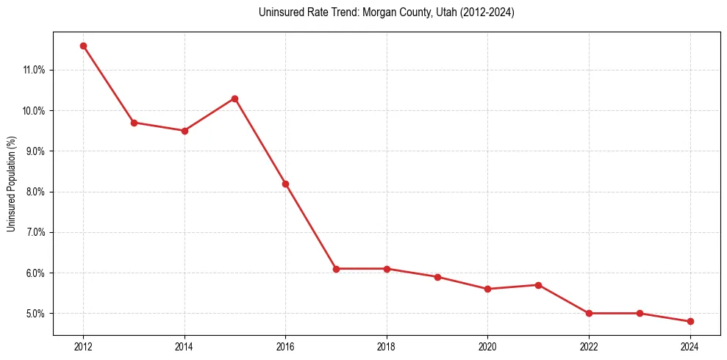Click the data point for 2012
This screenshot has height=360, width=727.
(x=83, y=46)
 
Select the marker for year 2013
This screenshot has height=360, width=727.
(x=134, y=123)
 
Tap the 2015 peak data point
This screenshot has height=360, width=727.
(x=234, y=98)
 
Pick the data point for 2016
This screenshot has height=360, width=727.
(x=285, y=184)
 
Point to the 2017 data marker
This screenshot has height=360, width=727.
(x=336, y=269)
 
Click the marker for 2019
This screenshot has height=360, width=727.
(x=437, y=277)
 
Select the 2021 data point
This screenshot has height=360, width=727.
(x=538, y=285)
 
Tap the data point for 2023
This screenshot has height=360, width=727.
(x=640, y=313)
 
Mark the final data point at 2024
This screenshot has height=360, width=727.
(x=690, y=321)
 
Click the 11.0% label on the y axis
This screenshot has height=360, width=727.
(x=34, y=71)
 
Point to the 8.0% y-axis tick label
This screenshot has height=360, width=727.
(x=35, y=192)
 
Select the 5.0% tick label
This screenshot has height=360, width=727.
(x=35, y=314)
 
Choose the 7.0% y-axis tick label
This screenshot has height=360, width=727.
(x=35, y=233)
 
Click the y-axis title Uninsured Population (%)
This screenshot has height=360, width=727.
(x=11, y=184)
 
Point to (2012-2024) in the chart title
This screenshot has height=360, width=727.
(x=486, y=12)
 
